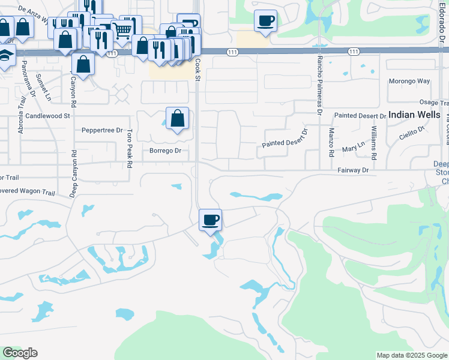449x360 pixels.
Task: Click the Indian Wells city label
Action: [x=414, y=114]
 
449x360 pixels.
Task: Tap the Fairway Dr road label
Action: [x=354, y=170]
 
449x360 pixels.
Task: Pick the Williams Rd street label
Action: [x=373, y=142]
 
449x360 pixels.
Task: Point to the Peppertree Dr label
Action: [x=102, y=130]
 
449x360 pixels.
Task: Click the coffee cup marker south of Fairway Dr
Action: [x=210, y=220]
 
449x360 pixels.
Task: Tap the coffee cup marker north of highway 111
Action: [x=265, y=20]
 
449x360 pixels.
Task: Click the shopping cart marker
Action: [x=122, y=29]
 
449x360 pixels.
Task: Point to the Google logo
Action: [x=20, y=353]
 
